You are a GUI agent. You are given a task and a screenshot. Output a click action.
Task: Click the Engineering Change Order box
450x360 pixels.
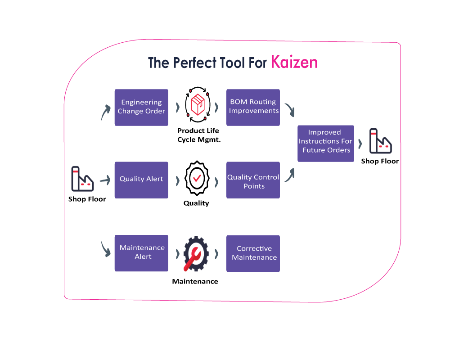point(141,107)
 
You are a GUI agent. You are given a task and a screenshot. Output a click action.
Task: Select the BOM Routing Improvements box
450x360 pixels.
point(253,107)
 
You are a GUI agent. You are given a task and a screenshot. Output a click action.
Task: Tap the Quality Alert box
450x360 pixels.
point(141,180)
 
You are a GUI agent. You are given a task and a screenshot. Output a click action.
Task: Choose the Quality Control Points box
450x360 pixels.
point(253,180)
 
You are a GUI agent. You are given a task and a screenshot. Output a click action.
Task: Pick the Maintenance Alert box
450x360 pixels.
point(141,253)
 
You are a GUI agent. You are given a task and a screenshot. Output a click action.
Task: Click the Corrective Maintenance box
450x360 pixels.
point(253,253)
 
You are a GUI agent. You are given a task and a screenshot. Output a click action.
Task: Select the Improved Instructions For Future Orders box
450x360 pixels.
point(326,143)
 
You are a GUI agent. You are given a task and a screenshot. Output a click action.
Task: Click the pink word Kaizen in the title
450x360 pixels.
point(294,63)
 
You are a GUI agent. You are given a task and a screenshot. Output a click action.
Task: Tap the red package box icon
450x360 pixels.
point(197,105)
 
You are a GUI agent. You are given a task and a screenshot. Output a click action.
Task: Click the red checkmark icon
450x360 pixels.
point(197,179)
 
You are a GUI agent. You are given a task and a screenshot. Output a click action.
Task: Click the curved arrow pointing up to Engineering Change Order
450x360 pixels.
point(105,113)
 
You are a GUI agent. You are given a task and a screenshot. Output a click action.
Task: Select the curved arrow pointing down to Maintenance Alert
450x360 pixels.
point(106,248)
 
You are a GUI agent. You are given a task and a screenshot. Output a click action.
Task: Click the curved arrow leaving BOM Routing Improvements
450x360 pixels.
point(290,109)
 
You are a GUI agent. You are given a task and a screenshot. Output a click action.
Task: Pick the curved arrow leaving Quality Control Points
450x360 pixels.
point(290,175)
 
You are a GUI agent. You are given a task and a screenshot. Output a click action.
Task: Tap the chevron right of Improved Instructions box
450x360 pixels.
point(361,144)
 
